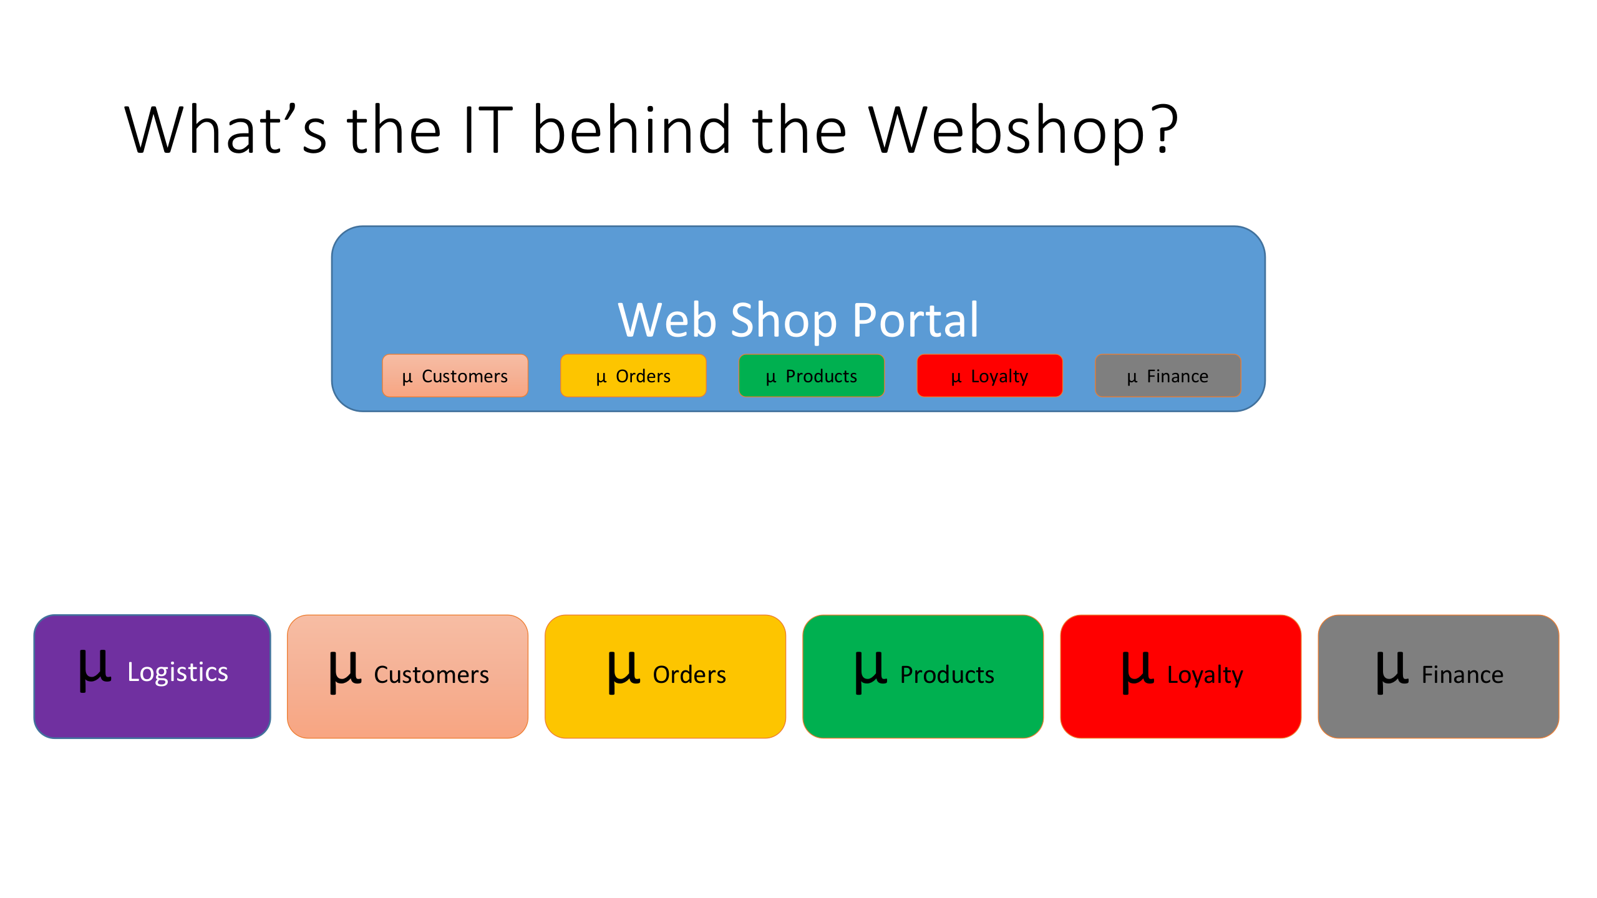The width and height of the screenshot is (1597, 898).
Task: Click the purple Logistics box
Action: tap(152, 676)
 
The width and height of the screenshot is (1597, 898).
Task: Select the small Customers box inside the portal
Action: tap(455, 375)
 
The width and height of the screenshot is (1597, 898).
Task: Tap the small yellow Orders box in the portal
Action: tap(633, 375)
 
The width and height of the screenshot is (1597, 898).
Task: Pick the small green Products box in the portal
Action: tap(811, 375)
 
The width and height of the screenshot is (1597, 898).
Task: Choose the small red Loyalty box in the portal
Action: tap(989, 375)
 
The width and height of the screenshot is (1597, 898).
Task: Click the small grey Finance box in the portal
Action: tap(1168, 375)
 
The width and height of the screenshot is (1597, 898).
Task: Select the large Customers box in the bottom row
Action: tap(407, 676)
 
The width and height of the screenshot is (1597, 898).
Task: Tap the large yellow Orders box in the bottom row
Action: tap(665, 676)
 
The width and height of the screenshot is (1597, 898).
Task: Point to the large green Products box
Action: tap(923, 676)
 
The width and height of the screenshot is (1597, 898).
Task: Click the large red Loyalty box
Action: tap(1180, 676)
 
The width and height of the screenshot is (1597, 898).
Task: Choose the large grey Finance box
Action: tap(1438, 676)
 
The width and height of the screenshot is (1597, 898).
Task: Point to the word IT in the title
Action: tap(488, 131)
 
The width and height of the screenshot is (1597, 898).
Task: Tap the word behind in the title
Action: tap(631, 131)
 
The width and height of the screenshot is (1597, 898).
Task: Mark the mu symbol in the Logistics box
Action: tap(95, 670)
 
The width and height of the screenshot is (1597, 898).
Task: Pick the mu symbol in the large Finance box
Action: tap(1392, 672)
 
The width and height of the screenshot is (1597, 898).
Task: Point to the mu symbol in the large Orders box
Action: tap(623, 672)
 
